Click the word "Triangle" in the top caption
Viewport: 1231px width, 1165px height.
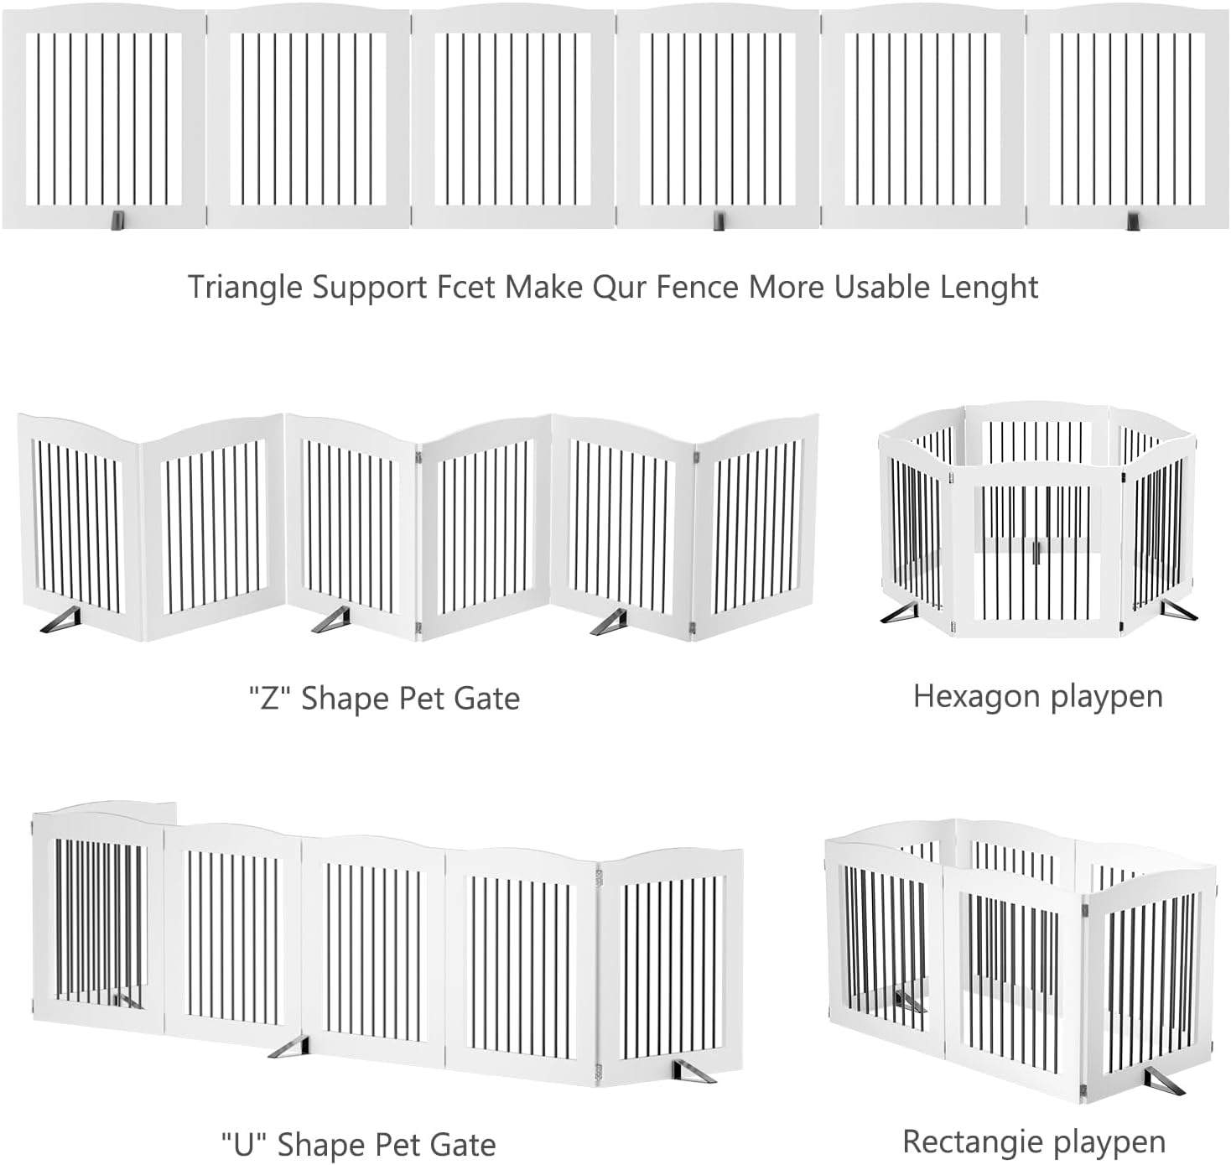point(246,289)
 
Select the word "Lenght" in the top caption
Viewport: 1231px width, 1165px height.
point(995,289)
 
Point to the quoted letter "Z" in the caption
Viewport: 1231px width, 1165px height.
point(269,698)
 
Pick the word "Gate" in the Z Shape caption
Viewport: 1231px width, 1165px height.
point(486,698)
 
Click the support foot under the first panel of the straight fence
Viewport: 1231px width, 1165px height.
point(117,221)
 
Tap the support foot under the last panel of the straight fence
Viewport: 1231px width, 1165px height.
point(1134,221)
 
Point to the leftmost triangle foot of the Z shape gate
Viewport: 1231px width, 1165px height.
point(60,620)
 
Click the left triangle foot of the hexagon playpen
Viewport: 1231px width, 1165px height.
point(900,612)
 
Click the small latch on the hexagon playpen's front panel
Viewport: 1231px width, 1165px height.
point(1037,552)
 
